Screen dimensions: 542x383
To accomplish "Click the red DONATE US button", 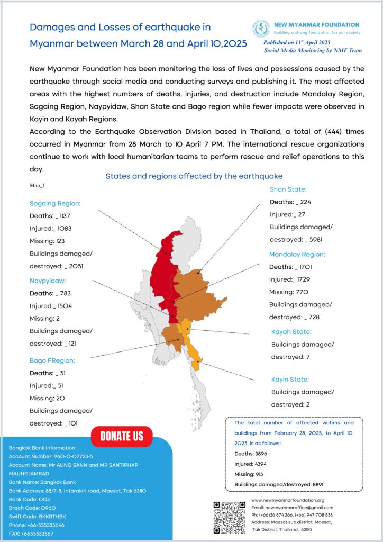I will coord(122,437).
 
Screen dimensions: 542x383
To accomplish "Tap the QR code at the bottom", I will coord(230,517).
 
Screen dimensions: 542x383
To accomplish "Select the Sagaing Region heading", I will coord(55,203).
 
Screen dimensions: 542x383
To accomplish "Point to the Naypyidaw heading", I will coord(48,281).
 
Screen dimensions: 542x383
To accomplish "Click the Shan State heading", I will coord(288,189).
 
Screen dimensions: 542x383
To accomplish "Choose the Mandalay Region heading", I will coord(297,254).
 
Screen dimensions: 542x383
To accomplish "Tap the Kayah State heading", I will coord(291,332).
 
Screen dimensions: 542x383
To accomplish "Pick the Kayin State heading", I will coord(290,380).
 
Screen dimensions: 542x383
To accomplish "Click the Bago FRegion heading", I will coord(52,360).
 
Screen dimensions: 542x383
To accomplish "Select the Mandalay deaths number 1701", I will coord(309,267).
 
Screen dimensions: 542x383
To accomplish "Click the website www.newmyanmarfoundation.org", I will coord(288,500).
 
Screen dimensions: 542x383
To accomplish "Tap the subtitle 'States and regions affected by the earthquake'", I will coord(194,176).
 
